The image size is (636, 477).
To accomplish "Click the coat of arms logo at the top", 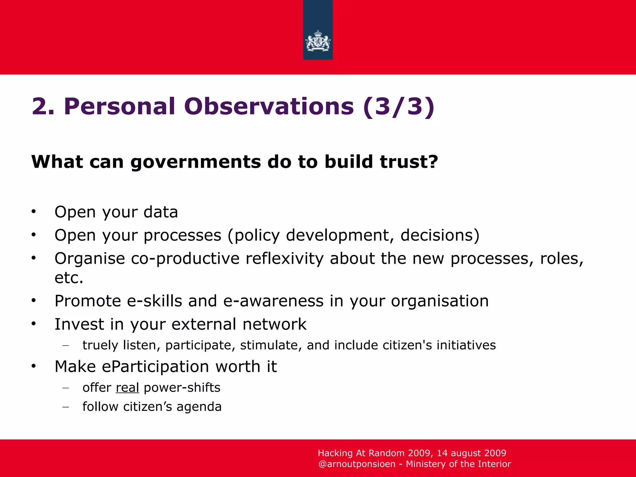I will [318, 40].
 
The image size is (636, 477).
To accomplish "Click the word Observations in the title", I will [269, 107].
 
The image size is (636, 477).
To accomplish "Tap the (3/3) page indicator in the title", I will [398, 107].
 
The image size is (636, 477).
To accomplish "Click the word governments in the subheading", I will [196, 162].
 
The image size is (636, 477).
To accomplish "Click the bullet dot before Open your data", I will [34, 212].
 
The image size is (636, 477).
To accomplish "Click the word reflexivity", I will [284, 259].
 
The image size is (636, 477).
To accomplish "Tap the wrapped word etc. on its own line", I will [69, 278].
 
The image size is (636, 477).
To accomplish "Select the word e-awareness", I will [273, 301].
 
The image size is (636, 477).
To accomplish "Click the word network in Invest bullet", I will [275, 324].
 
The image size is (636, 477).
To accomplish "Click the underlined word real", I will [127, 388].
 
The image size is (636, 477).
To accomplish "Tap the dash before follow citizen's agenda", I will [65, 407].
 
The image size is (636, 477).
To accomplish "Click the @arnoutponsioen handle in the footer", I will [357, 464].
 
